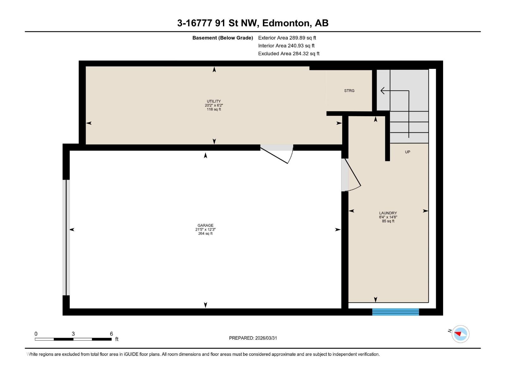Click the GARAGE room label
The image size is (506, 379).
click(206, 226)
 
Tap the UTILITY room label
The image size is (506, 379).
click(214, 101)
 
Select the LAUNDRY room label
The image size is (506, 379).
click(388, 213)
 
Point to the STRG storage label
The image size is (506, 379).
click(349, 91)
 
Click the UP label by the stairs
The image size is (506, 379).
click(408, 152)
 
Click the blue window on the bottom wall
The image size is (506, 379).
click(396, 312)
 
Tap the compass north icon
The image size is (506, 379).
click(460, 334)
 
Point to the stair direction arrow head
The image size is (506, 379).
click(382, 91)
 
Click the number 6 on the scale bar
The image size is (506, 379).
click(111, 334)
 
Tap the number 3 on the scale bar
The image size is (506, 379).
click(73, 334)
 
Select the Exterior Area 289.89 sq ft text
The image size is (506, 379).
click(287, 38)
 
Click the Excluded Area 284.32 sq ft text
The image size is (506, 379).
click(288, 54)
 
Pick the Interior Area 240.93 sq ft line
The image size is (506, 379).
click(286, 46)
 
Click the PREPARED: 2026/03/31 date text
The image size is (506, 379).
click(253, 338)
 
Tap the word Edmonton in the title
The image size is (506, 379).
click(286, 23)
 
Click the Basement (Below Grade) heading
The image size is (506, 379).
click(223, 38)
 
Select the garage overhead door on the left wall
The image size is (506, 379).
click(66, 237)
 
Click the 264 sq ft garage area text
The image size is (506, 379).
click(206, 234)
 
